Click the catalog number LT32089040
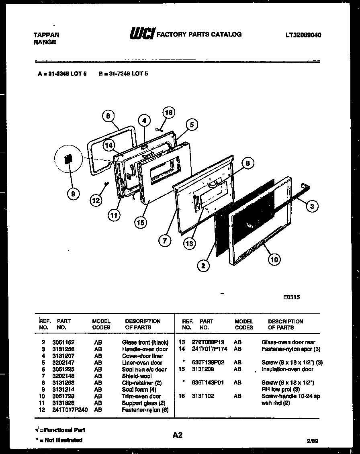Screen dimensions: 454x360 pyautogui.click(x=303, y=35)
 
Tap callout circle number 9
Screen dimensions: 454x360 pyautogui.click(x=73, y=194)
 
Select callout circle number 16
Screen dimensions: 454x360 pyautogui.click(x=169, y=113)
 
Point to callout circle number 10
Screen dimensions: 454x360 pyautogui.click(x=274, y=260)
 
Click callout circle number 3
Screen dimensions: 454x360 pyautogui.click(x=312, y=207)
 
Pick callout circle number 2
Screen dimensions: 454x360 pyautogui.click(x=204, y=266)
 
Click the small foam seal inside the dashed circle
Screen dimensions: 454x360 pyautogui.click(x=68, y=159)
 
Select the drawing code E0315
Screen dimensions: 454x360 pyautogui.click(x=291, y=297)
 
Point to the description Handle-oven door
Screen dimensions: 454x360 pyautogui.click(x=145, y=349)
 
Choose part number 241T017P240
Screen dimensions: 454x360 pyautogui.click(x=70, y=410)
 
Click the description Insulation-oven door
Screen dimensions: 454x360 pyautogui.click(x=287, y=369)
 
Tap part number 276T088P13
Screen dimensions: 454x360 pyautogui.click(x=207, y=342)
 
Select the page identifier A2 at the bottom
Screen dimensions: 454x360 pyautogui.click(x=178, y=435)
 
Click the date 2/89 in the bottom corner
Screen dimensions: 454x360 pyautogui.click(x=312, y=441)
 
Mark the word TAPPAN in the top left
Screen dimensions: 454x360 pyautogui.click(x=46, y=35)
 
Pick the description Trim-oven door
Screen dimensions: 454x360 pyautogui.click(x=141, y=396)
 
